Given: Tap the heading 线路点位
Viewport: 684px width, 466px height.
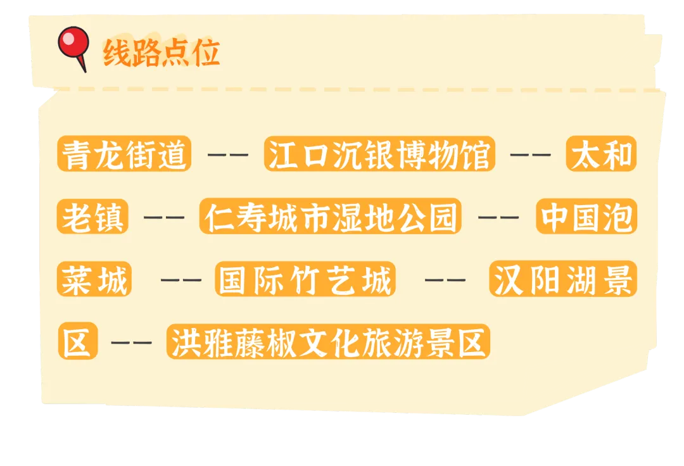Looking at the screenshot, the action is pyautogui.click(x=161, y=53).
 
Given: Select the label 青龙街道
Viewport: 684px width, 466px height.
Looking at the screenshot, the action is pyautogui.click(x=124, y=154).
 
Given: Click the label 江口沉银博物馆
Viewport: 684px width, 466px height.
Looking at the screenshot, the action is pyautogui.click(x=379, y=154).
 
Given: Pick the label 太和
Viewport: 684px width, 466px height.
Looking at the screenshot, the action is pyautogui.click(x=601, y=154).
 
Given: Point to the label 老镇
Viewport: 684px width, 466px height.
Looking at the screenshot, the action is pyautogui.click(x=92, y=217).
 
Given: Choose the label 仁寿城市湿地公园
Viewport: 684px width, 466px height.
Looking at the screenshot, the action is pyautogui.click(x=330, y=217).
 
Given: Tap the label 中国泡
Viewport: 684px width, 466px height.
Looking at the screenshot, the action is pyautogui.click(x=586, y=217).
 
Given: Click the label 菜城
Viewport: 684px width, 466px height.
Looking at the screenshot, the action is pyautogui.click(x=94, y=279).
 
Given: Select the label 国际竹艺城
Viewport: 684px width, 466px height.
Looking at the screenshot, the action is pyautogui.click(x=305, y=279).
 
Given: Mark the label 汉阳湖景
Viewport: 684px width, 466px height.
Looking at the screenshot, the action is pyautogui.click(x=563, y=279).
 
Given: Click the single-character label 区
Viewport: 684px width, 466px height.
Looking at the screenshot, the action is pyautogui.click(x=78, y=342).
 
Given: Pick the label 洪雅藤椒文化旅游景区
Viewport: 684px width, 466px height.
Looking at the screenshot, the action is pyautogui.click(x=328, y=342).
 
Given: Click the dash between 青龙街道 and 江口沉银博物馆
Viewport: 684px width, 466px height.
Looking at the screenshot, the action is pyautogui.click(x=228, y=154).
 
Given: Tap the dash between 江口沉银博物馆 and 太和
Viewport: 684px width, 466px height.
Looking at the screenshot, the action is pyautogui.click(x=530, y=154).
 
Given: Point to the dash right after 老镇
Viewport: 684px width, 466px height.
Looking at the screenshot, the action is pyautogui.click(x=163, y=217).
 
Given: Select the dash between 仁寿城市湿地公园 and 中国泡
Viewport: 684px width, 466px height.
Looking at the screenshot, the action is pyautogui.click(x=498, y=217).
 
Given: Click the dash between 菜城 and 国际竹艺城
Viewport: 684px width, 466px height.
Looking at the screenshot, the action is pyautogui.click(x=181, y=280).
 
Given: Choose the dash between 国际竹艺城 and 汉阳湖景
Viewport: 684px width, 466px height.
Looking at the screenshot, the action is pyautogui.click(x=445, y=280).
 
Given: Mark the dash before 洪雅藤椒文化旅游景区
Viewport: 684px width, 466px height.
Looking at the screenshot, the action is pyautogui.click(x=131, y=343).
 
